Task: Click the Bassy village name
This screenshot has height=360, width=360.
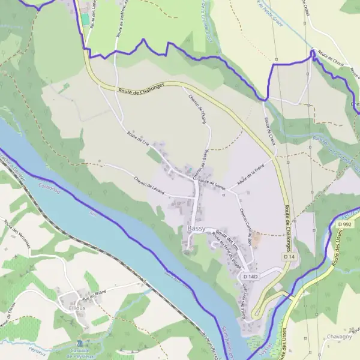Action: point(196,229)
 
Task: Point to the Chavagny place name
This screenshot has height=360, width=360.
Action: point(341,337)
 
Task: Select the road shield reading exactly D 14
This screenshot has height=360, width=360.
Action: point(290,256)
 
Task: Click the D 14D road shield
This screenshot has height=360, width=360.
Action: point(250,276)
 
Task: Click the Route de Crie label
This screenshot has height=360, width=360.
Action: point(138,138)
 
